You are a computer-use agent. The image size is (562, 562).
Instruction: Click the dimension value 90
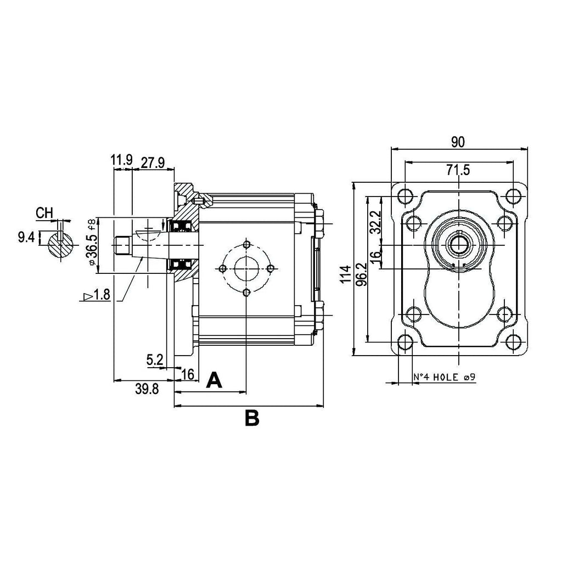(x=458, y=142)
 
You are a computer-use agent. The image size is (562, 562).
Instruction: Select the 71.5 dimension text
(x=458, y=170)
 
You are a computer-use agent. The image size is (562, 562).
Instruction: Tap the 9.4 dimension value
(x=26, y=237)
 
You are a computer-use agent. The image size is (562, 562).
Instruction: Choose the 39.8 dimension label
(x=147, y=389)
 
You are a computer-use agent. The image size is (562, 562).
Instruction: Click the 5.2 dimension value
(x=155, y=359)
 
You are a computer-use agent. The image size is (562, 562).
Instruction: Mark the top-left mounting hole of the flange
(x=406, y=195)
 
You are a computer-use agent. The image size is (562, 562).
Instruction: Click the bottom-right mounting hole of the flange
(x=513, y=342)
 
